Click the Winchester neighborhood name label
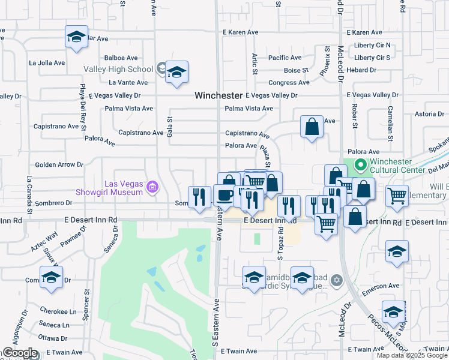point(218,95)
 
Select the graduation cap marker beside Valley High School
point(176,73)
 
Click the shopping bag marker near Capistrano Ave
point(312,127)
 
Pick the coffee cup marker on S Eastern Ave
point(224,195)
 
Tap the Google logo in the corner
point(20,353)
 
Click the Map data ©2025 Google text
point(411,355)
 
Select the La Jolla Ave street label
point(46,62)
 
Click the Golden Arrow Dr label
point(59,164)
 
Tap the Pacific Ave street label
point(285,58)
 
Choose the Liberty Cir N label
point(372,45)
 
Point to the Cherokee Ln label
point(58,311)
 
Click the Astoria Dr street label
point(429,114)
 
